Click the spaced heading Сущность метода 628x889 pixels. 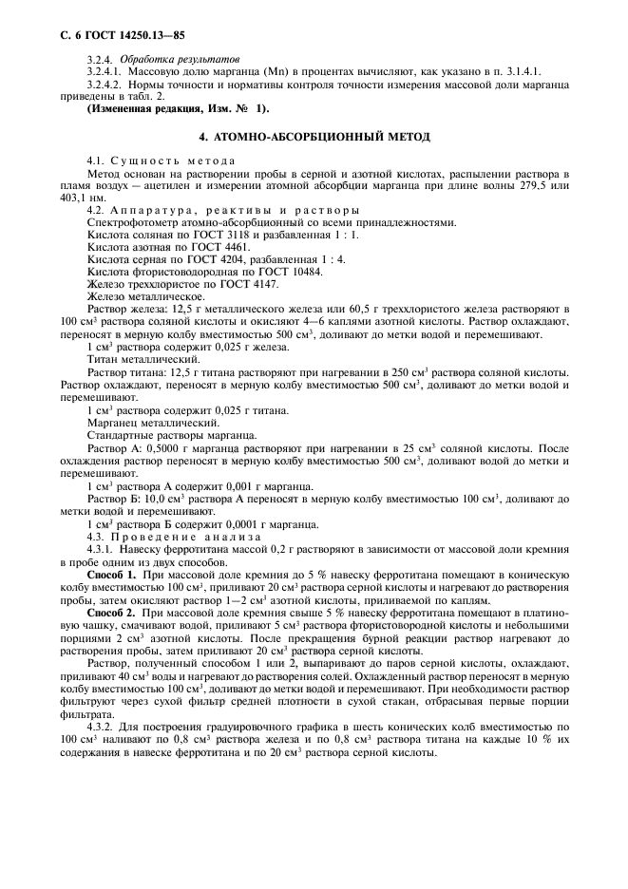pyautogui.click(x=171, y=161)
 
